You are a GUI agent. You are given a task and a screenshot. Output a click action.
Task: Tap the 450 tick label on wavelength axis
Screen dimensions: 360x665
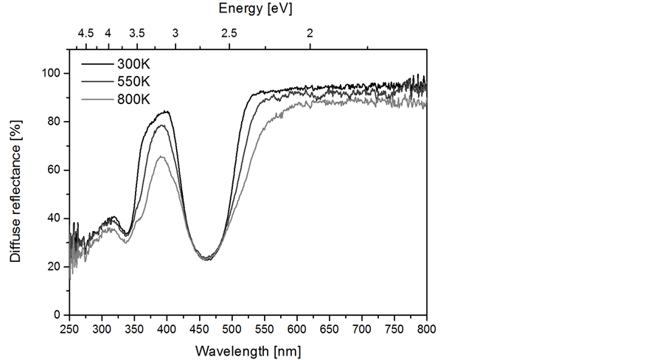coord(199,328)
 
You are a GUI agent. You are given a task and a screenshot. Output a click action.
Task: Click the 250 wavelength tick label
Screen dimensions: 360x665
coord(69,328)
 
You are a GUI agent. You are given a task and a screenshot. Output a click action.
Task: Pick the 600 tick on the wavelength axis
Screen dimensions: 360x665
coord(297,328)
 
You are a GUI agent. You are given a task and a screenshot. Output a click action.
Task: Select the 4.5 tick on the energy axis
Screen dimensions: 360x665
coord(86,33)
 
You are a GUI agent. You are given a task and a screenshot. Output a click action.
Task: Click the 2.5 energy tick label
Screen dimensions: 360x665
coord(229,33)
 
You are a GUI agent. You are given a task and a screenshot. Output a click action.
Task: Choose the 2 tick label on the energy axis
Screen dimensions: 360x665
coord(310,33)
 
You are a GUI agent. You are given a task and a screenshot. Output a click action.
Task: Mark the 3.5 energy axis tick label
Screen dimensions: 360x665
coord(137,33)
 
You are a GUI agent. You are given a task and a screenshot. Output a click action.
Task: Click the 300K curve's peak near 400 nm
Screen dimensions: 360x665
coord(167,111)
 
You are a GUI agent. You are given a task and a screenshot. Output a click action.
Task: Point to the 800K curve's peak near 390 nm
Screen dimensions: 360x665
coord(161,156)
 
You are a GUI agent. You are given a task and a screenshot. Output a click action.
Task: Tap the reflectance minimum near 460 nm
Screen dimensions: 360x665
coord(207,260)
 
